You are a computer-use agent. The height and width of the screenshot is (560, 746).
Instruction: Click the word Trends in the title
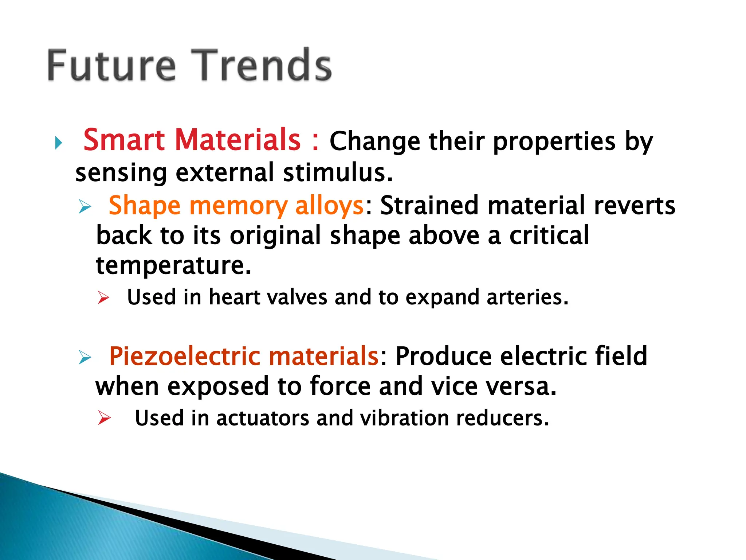coord(262,66)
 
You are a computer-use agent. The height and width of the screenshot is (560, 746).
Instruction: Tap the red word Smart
coord(124,140)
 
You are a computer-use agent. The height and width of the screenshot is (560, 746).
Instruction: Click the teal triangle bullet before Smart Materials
coord(59,143)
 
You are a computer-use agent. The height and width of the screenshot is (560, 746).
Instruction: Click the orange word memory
coord(239,206)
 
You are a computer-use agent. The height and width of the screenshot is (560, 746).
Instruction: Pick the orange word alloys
coord(329,206)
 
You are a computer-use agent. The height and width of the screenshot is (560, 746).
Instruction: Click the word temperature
coord(173,266)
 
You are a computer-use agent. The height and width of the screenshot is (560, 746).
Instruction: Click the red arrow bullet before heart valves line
coord(103,298)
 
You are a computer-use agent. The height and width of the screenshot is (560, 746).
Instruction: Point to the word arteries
coord(527,297)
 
